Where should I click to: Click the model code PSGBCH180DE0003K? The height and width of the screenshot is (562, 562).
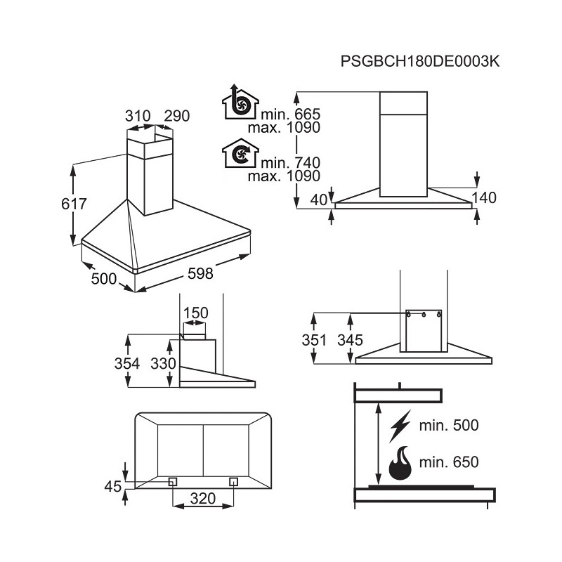[x=419, y=61]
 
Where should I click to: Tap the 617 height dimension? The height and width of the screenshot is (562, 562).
[x=74, y=204]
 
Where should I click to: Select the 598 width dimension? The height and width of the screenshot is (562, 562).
[x=200, y=273]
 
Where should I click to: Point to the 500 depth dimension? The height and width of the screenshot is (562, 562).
[x=104, y=278]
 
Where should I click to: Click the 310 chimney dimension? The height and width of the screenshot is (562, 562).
[x=138, y=116]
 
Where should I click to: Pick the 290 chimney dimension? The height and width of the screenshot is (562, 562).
[x=177, y=116]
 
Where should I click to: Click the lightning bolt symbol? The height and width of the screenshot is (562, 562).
[x=400, y=426]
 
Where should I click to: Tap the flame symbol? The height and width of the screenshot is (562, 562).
[x=400, y=463]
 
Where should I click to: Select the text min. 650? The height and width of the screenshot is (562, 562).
[x=449, y=462]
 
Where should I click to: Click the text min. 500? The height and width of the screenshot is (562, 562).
[x=449, y=425]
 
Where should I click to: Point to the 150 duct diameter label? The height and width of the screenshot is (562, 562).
[x=196, y=313]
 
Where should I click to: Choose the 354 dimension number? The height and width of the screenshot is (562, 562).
[x=127, y=363]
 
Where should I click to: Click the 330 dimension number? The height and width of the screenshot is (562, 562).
[x=163, y=363]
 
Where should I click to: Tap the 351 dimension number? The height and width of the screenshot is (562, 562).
[x=314, y=340]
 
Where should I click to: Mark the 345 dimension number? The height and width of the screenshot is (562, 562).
[x=350, y=340]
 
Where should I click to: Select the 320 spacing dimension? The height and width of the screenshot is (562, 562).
[x=203, y=498]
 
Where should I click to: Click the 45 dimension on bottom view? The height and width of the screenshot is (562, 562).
[x=113, y=487]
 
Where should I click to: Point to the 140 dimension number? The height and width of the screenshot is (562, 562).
[x=484, y=198]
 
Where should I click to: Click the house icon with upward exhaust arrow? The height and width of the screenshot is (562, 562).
[x=240, y=102]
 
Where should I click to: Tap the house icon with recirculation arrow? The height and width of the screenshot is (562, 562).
[x=240, y=153]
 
